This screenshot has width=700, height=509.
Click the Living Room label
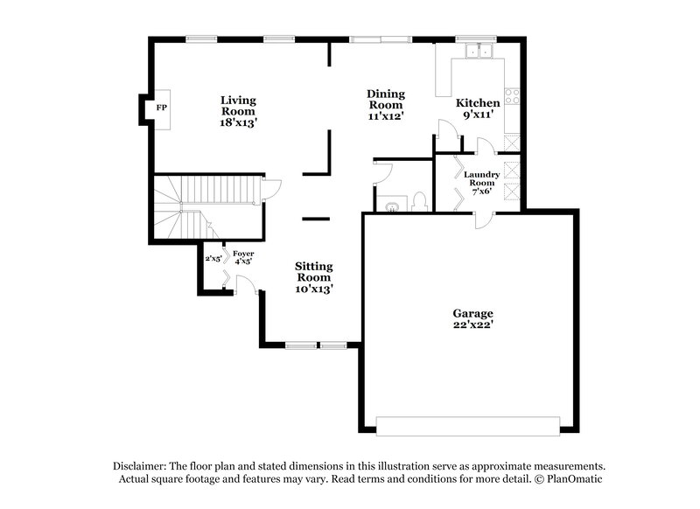237,111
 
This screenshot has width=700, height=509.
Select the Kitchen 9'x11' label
479,109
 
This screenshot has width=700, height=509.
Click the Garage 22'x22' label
472,319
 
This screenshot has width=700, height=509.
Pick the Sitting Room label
313,276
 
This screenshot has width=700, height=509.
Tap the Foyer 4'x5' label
242,256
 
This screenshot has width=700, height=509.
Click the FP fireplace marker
161,108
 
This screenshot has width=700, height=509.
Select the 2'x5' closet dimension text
213,259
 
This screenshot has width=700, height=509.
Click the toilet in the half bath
418,202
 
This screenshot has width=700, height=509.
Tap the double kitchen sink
477,52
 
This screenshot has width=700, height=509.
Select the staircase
206,206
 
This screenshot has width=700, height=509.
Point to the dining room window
378,38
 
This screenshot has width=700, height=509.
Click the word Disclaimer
140,466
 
